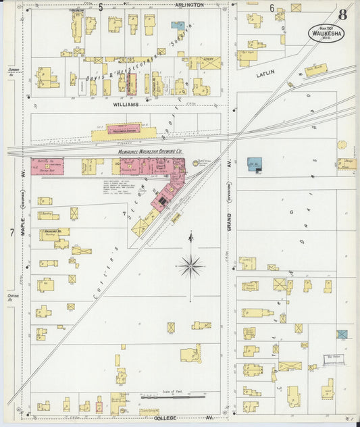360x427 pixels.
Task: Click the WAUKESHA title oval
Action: click(327, 32)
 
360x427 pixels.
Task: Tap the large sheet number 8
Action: click(344, 14)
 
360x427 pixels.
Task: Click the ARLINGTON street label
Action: click(189, 5)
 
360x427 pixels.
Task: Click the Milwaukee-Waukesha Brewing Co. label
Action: click(151, 151)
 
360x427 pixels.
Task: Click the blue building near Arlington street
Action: click(178, 26)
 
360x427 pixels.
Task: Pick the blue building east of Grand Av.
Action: click(254, 164)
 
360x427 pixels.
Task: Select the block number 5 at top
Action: click(101, 7)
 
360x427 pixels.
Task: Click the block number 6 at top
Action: click(272, 7)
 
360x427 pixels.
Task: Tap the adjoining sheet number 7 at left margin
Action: click(11, 232)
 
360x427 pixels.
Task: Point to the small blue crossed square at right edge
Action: click(342, 334)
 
